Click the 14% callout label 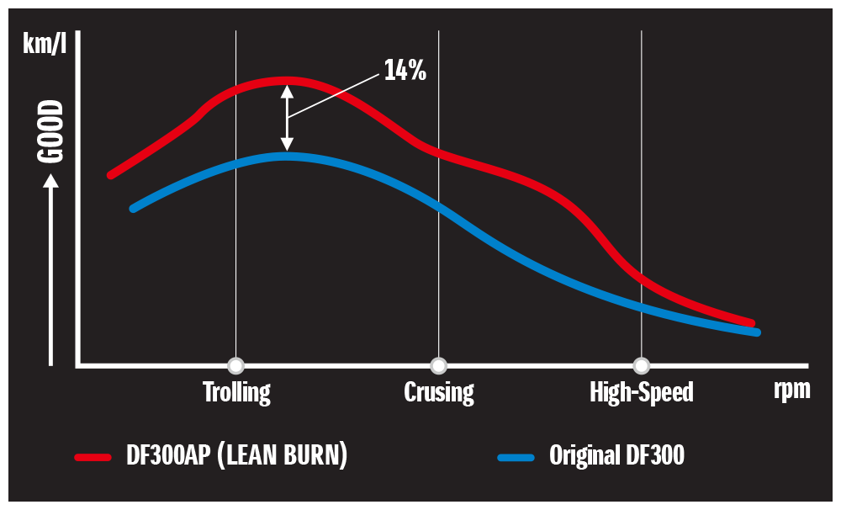405,71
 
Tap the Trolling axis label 236,392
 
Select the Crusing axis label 438,392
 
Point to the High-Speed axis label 642,392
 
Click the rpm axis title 791,390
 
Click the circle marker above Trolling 236,365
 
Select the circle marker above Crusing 438,365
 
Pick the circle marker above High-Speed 642,365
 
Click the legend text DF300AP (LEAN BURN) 236,456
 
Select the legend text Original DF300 616,456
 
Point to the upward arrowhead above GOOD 51,179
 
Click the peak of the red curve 286,81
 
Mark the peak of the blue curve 286,156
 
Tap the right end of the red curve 751,322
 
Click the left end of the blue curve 134,208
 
